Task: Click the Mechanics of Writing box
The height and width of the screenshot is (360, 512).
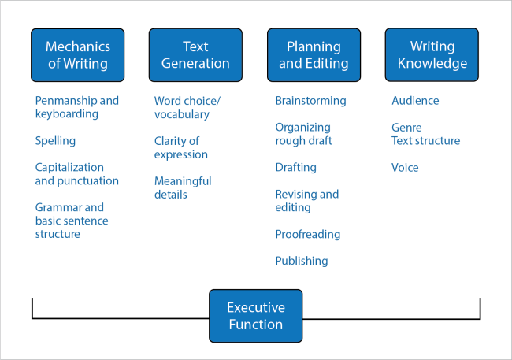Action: point(77,55)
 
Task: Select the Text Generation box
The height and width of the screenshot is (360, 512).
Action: point(195,55)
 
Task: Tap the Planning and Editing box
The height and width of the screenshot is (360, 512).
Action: point(314,55)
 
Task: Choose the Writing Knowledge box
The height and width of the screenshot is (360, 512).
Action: point(432,55)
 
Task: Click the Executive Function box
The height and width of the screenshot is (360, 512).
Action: point(255,316)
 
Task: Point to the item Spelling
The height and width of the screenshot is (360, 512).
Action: point(55,141)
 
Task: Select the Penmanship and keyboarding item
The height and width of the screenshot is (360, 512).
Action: point(76,108)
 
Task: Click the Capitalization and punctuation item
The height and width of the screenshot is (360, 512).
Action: point(76,174)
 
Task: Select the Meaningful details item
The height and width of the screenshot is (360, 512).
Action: point(183,187)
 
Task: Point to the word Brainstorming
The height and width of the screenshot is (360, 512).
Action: point(310,101)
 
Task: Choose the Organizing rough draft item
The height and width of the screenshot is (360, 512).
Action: point(303,134)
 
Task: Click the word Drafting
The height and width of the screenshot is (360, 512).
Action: point(295,168)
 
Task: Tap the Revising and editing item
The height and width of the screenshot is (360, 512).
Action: point(306,201)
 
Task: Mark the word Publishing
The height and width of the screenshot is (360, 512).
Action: point(301,261)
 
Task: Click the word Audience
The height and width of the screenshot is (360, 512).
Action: point(415,101)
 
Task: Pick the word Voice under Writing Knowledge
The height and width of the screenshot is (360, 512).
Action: point(405,168)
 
